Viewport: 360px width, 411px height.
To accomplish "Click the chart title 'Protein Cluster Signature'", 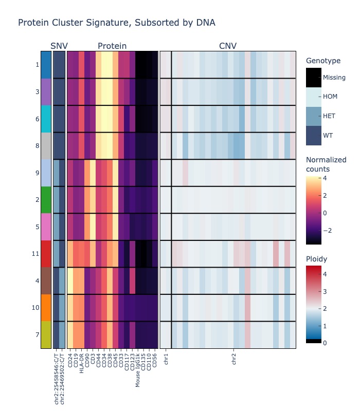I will pyautogui.click(x=116, y=23).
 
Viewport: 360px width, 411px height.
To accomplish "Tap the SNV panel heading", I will pyautogui.click(x=59, y=46).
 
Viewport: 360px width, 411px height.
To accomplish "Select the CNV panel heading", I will pyautogui.click(x=228, y=46).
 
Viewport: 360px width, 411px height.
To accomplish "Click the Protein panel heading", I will pyautogui.click(x=112, y=46).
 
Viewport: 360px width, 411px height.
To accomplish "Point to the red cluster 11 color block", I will pyautogui.click(x=46, y=253).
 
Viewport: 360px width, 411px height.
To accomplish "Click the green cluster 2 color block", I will pyautogui.click(x=46, y=199).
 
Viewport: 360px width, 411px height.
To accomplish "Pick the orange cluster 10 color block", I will pyautogui.click(x=46, y=307).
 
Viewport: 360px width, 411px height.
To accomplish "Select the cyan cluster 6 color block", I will pyautogui.click(x=46, y=119).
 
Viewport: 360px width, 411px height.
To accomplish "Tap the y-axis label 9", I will pyautogui.click(x=37, y=173).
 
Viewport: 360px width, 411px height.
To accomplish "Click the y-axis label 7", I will pyautogui.click(x=37, y=334).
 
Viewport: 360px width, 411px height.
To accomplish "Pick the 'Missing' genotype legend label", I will pyautogui.click(x=334, y=78).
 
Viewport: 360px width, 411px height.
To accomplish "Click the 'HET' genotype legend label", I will pyautogui.click(x=329, y=116).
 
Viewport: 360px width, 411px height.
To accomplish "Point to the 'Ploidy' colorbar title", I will pyautogui.click(x=317, y=258).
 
